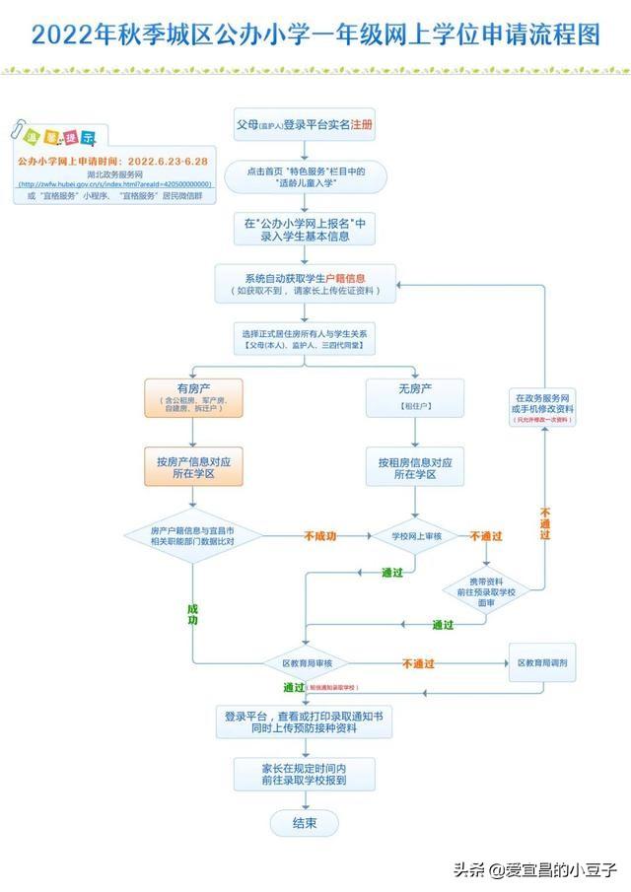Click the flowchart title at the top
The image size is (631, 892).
[x=315, y=35]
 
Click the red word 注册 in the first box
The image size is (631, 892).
[x=361, y=126]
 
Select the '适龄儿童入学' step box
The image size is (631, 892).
[x=306, y=176]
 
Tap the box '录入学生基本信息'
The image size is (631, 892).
[x=306, y=230]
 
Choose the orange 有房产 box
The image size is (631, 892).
[x=193, y=397]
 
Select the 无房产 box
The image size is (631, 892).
[x=415, y=397]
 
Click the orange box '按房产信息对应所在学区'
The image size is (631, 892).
[x=193, y=466]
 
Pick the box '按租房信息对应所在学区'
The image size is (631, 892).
[x=415, y=466]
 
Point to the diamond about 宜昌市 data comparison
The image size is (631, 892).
[x=193, y=536]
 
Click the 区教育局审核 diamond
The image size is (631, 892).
[x=306, y=663]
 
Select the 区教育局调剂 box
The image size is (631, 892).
[x=541, y=663]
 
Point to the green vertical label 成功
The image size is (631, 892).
[x=193, y=614]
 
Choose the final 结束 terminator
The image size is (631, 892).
[x=305, y=823]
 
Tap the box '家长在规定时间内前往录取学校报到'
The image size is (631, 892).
[x=305, y=772]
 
